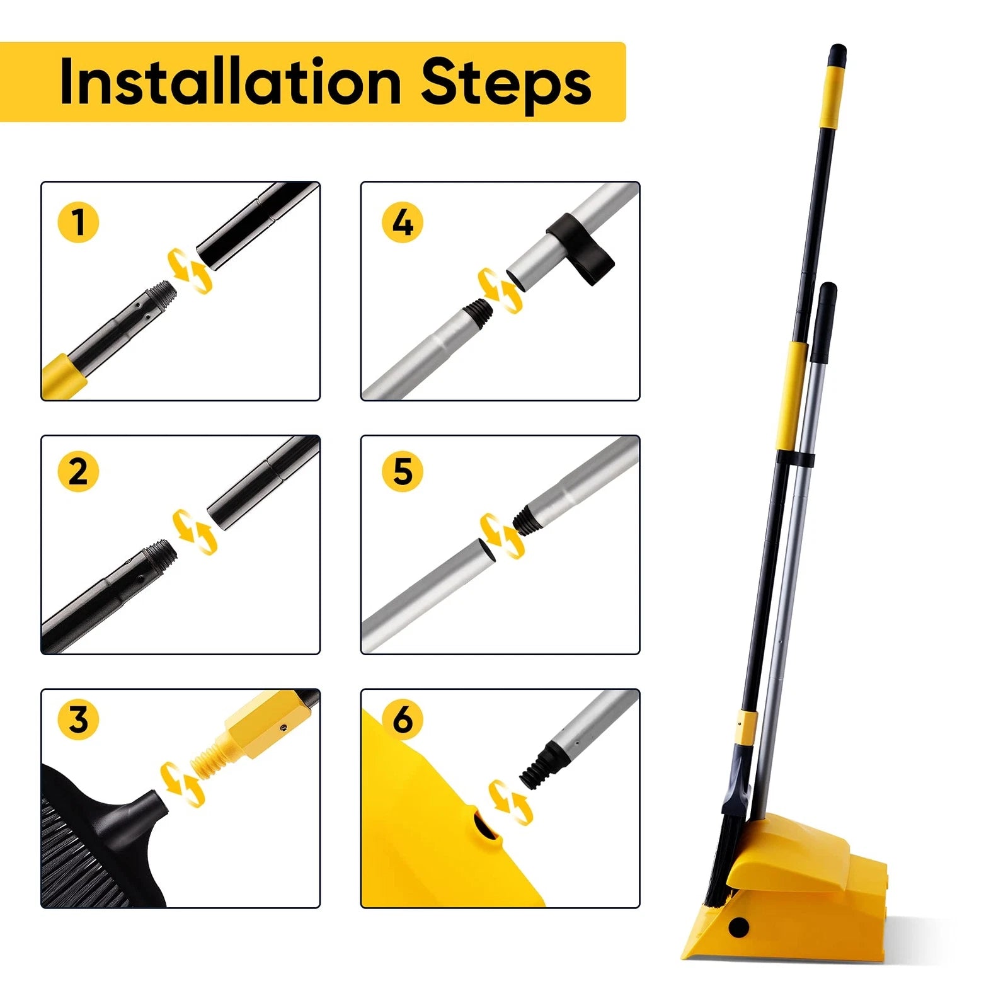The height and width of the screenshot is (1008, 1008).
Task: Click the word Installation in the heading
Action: click(x=230, y=82)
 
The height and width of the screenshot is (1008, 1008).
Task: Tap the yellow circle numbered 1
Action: click(x=78, y=222)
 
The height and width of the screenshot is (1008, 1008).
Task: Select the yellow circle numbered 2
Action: click(x=78, y=471)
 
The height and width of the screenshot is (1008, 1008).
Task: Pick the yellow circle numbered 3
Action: click(x=78, y=719)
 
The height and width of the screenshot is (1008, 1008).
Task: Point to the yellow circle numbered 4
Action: click(x=403, y=222)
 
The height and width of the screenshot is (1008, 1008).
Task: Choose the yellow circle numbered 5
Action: click(x=403, y=471)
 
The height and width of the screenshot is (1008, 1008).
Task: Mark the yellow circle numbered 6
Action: click(x=403, y=719)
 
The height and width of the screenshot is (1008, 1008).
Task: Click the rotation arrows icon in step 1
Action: click(x=189, y=271)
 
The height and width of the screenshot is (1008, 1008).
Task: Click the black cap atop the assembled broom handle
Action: click(x=837, y=54)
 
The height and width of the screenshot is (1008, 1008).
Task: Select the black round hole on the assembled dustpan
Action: click(x=738, y=927)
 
